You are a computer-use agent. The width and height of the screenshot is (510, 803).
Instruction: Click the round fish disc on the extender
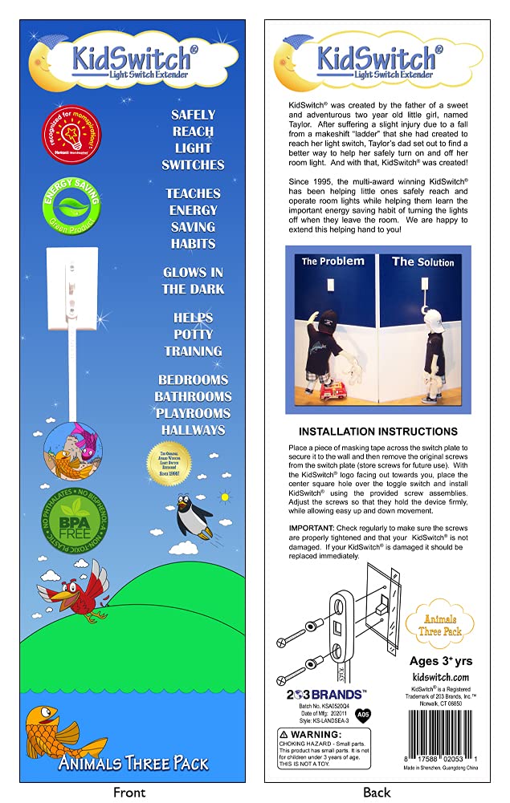[71, 451]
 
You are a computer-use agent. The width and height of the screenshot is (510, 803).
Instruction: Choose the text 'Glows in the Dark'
[193, 281]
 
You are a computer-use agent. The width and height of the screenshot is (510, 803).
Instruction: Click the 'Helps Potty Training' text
[193, 335]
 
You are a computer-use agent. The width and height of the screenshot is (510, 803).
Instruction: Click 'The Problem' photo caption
[333, 262]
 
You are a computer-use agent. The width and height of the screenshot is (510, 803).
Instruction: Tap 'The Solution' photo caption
[422, 262]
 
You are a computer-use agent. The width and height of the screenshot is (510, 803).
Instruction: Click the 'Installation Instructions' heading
[377, 432]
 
